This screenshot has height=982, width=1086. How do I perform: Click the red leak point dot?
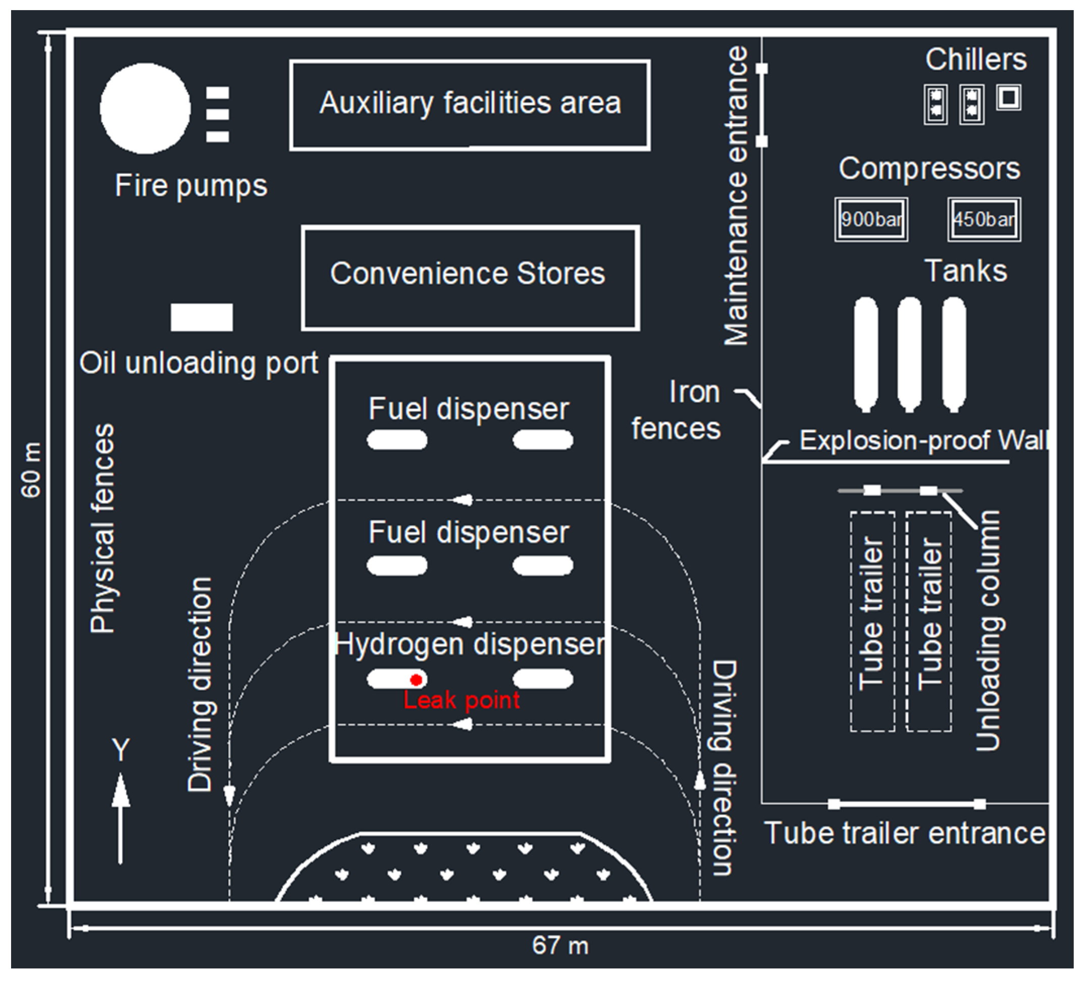(x=416, y=680)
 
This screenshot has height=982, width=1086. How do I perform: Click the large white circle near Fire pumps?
(x=145, y=109)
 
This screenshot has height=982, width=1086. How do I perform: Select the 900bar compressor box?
(x=871, y=219)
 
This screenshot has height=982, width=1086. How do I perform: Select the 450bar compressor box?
(x=984, y=219)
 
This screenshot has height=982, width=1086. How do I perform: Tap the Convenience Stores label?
(x=468, y=274)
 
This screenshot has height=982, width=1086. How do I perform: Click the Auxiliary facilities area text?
(x=470, y=103)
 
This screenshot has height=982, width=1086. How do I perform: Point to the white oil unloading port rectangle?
(x=202, y=317)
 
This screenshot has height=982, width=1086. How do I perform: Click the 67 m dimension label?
(x=560, y=945)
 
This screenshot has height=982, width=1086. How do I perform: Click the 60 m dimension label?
(x=31, y=470)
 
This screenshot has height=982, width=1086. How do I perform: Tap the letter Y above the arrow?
(x=121, y=749)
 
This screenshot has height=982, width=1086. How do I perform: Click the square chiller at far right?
(x=1008, y=98)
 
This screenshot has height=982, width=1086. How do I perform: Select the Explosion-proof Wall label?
(x=923, y=440)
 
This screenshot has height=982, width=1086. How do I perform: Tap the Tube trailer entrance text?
(x=904, y=834)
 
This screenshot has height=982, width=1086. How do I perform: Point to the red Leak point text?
(x=461, y=700)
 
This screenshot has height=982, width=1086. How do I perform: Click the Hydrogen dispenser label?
(x=470, y=644)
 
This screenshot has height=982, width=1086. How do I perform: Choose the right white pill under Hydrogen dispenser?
(x=542, y=679)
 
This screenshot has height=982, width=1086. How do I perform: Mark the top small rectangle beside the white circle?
(x=218, y=93)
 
